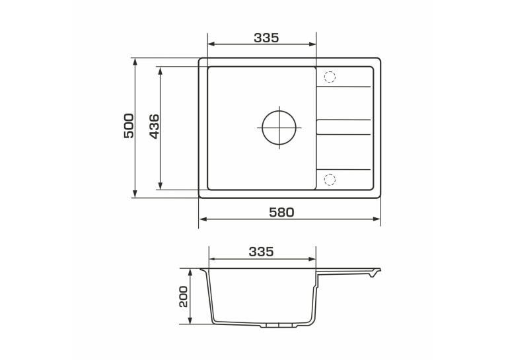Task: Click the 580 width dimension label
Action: tap(281, 212)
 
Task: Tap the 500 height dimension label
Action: tap(129, 126)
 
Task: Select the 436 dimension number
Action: tap(155, 126)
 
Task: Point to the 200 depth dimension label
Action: tap(183, 297)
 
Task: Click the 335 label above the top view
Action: tap(266, 38)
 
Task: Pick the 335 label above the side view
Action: tap(261, 252)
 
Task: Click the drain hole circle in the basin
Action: tap(279, 127)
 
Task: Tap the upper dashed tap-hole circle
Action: tap(330, 77)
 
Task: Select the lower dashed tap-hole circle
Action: tap(330, 180)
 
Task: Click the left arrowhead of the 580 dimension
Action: tap(203, 219)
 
